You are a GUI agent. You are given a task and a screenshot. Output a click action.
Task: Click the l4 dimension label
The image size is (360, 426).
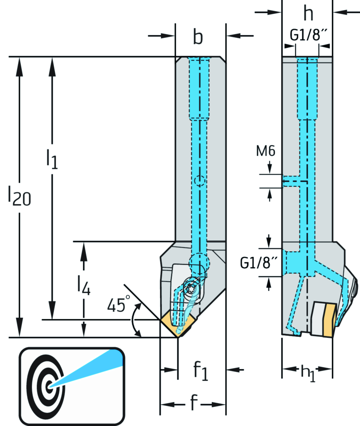(x=84, y=285)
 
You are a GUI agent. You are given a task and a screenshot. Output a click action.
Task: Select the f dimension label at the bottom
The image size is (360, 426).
(x=194, y=403)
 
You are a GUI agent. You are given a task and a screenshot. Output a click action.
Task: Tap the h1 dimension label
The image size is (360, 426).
(x=308, y=372)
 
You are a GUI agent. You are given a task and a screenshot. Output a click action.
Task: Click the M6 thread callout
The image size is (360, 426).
(x=265, y=151)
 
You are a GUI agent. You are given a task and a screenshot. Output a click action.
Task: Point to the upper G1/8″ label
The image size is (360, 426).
(x=308, y=35)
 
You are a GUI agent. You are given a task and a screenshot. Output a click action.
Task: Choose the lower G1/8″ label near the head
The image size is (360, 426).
(x=259, y=263)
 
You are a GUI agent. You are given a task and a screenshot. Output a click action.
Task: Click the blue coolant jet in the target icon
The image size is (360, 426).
(x=91, y=367)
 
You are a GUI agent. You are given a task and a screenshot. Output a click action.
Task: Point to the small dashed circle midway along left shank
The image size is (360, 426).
(x=199, y=181)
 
